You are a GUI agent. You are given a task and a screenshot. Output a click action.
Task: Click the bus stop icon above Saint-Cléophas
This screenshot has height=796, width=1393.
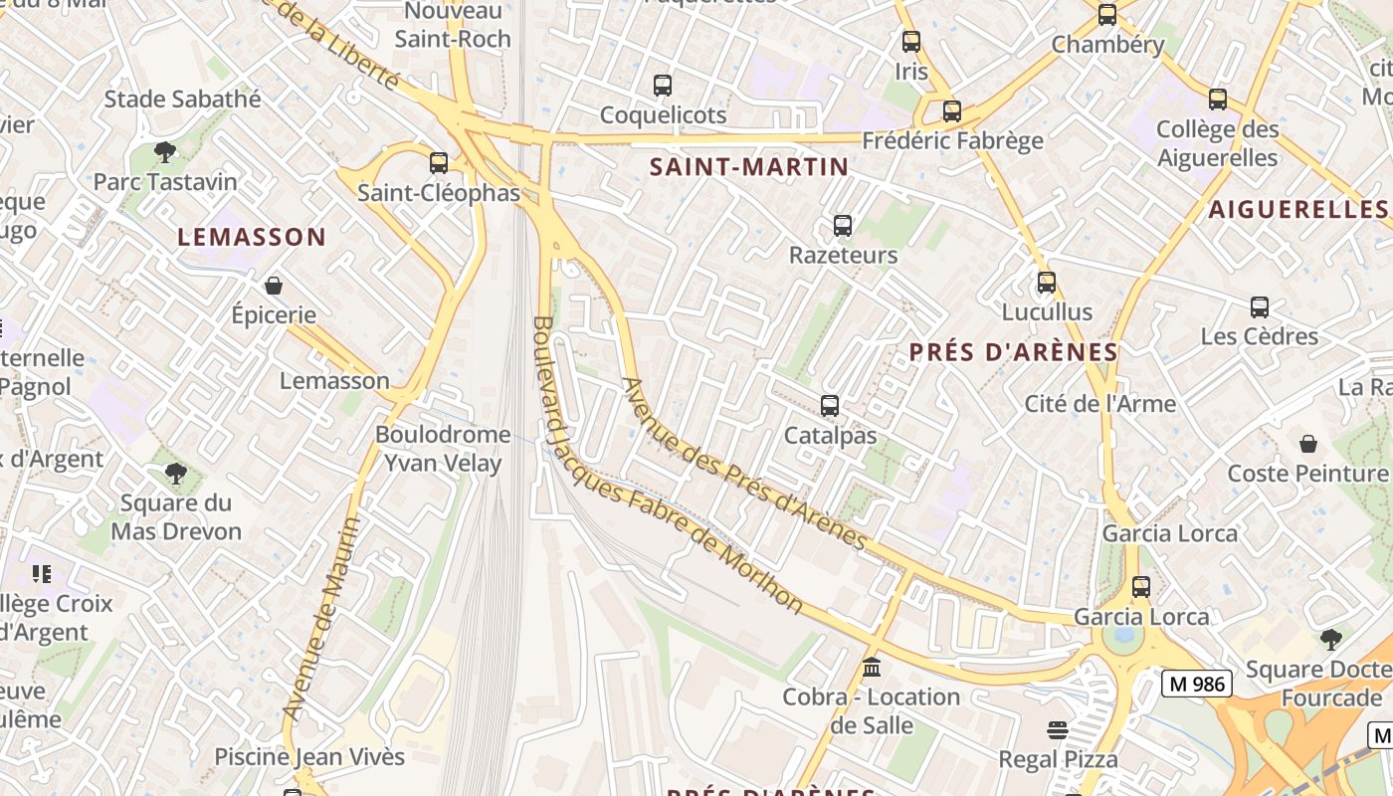[439, 163]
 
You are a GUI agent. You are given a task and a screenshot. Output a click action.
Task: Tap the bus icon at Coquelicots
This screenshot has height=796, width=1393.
[663, 86]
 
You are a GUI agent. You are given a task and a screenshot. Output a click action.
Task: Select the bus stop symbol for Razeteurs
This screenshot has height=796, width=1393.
[843, 226]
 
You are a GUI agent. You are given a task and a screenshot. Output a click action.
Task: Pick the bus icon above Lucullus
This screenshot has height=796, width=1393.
[1046, 283]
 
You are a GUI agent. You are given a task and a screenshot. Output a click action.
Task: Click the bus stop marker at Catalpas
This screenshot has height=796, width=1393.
[830, 406]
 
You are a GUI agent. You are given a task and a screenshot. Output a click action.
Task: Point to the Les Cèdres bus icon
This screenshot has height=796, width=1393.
[1260, 307]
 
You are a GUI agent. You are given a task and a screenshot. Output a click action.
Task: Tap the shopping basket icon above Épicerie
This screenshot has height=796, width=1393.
[274, 287]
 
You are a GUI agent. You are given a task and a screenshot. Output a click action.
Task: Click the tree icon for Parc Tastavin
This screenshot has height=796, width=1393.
[165, 152]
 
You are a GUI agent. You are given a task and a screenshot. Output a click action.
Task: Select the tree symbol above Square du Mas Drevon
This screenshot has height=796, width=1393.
[176, 474]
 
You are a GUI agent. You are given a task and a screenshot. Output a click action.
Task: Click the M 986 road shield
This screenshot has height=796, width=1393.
[1197, 684]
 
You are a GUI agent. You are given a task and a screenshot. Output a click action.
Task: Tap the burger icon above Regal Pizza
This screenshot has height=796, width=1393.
[1058, 731]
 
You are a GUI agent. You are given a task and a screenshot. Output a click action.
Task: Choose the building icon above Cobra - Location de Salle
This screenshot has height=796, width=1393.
[872, 667]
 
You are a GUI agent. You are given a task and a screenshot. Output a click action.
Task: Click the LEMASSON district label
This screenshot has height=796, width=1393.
[252, 237]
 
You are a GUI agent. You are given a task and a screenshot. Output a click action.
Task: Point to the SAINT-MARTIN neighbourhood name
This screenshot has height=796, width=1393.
[749, 167]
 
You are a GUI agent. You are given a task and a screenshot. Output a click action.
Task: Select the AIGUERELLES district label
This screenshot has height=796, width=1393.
[1297, 209]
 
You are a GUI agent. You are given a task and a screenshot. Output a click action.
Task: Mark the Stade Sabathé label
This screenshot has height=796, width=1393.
[183, 99]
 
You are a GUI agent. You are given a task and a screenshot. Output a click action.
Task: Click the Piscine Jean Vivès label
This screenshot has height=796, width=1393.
[310, 757]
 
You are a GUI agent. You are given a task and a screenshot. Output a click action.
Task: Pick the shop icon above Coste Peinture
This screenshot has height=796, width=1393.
[1307, 444]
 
